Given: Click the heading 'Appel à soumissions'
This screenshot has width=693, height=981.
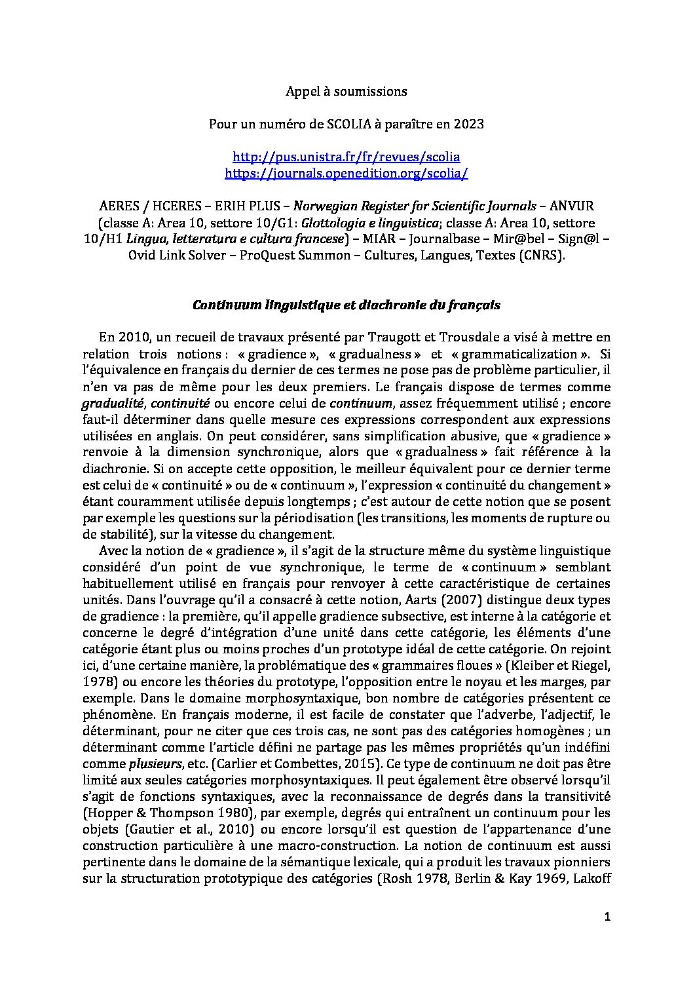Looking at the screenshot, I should point(346,91).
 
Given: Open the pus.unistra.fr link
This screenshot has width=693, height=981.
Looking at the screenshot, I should point(346,157).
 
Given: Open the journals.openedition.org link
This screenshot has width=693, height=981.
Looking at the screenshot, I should point(346,174).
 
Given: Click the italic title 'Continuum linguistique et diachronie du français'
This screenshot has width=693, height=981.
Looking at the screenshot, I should point(346,305).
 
